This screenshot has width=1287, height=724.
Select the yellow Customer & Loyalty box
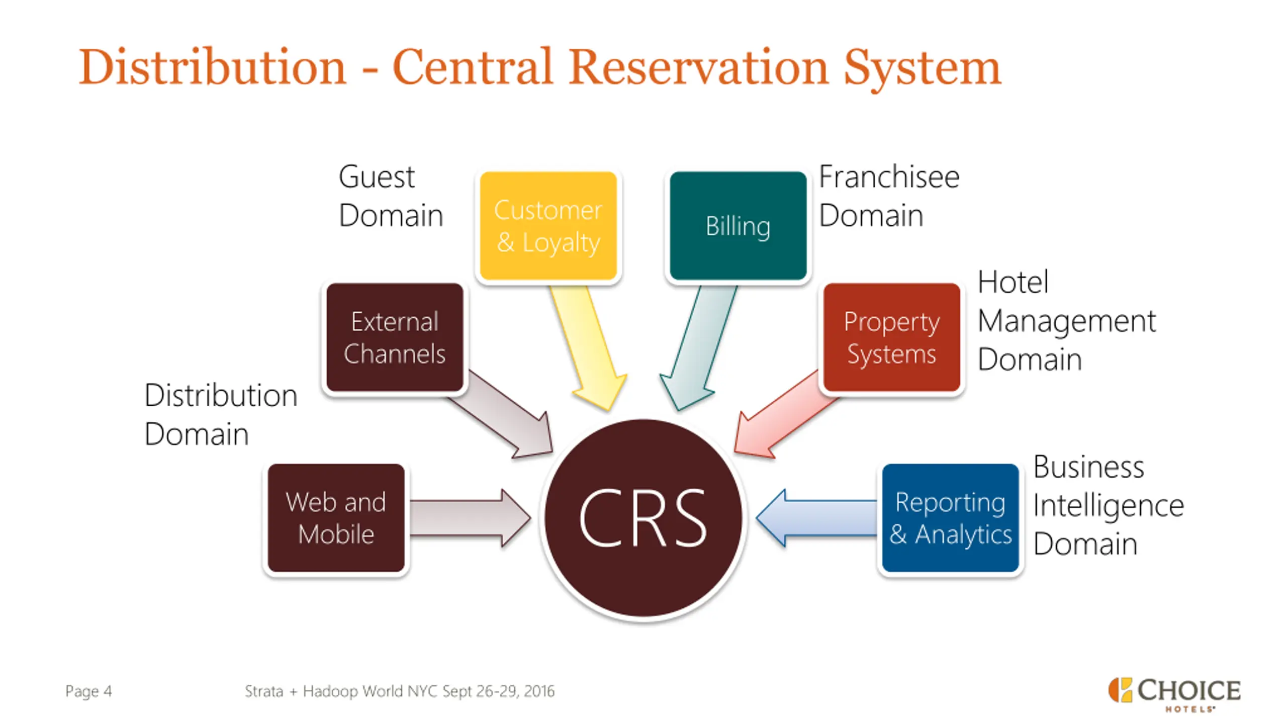548,226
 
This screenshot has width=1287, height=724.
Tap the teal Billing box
738,226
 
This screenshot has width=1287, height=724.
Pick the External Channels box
395,337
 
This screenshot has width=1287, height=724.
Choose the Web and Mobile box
336,518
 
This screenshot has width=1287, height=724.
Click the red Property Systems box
891,337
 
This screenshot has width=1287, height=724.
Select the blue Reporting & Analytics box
950,518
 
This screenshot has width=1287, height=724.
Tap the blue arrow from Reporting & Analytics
817,518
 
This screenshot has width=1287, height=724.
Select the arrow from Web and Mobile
470,518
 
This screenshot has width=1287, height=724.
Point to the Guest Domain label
391,196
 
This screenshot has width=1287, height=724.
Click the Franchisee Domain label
889,196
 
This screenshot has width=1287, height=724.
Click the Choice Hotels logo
1174,694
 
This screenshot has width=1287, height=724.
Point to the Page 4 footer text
88,691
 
